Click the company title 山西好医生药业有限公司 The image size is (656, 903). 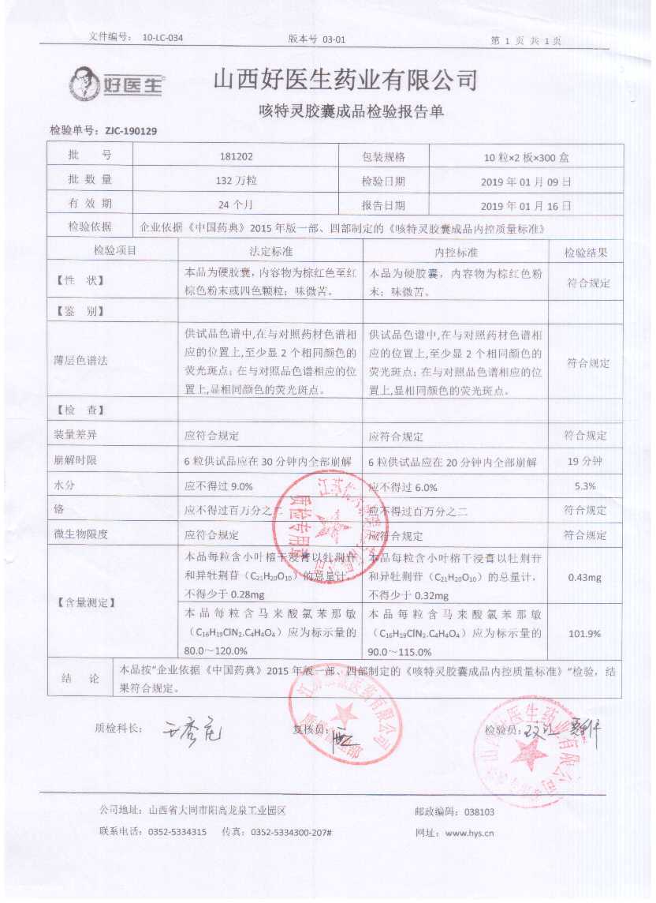coord(346,80)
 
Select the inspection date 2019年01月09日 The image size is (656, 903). coord(526,181)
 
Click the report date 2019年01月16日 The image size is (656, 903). coord(526,204)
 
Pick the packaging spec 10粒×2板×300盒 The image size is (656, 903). coord(526,157)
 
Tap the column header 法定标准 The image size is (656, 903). coord(270,252)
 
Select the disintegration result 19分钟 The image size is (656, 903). coord(585,461)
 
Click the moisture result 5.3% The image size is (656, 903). coord(585,486)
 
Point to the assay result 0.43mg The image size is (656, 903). coord(585,577)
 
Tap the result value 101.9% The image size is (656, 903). coord(585,633)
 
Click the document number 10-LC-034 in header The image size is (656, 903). coord(163,37)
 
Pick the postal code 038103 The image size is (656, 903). coord(479,811)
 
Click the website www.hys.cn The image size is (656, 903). coord(469,832)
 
